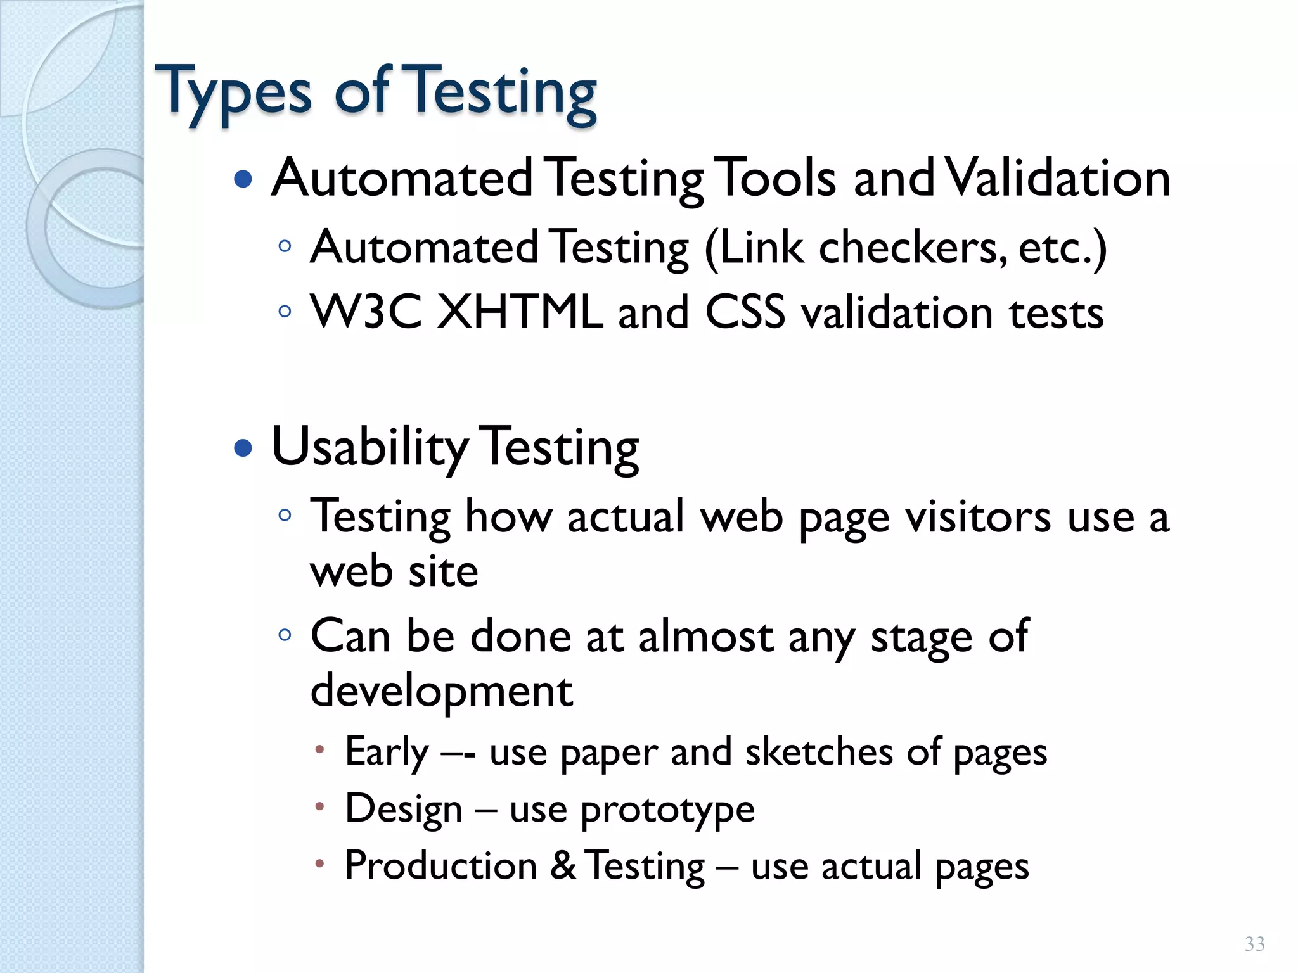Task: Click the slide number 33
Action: click(x=1254, y=944)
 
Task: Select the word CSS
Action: click(x=745, y=312)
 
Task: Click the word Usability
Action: click(x=369, y=448)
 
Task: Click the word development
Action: click(x=442, y=690)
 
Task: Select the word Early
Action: click(x=387, y=753)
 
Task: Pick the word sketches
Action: click(x=819, y=753)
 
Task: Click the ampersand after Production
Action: click(x=563, y=866)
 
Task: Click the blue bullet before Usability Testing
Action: click(x=243, y=448)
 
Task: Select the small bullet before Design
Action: click(x=320, y=807)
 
